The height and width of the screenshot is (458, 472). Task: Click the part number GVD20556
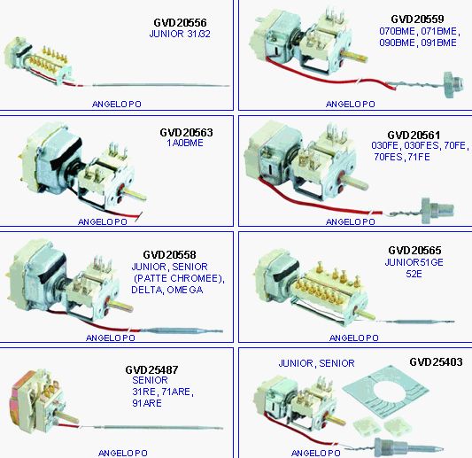180,22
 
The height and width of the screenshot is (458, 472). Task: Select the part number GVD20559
417,19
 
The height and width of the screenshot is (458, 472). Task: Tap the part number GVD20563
186,133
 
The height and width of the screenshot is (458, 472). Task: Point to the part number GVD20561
414,135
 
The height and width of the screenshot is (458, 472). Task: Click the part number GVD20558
169,255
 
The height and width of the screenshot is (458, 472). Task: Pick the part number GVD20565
414,250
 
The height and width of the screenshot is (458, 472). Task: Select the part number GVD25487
151,369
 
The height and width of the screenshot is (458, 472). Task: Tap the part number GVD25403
436,361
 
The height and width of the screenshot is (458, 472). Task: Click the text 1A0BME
185,143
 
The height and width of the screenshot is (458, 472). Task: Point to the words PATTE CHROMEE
178,278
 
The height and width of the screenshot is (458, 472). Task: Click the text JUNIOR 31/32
180,34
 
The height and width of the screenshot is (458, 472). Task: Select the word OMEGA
185,290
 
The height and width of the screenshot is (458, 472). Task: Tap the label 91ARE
147,403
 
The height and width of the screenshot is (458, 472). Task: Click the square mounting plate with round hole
385,392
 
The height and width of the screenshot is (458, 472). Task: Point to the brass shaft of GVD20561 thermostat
358,182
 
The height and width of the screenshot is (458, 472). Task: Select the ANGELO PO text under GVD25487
123,453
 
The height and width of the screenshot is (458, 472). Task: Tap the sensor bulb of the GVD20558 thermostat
182,331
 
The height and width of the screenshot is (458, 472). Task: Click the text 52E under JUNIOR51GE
414,274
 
